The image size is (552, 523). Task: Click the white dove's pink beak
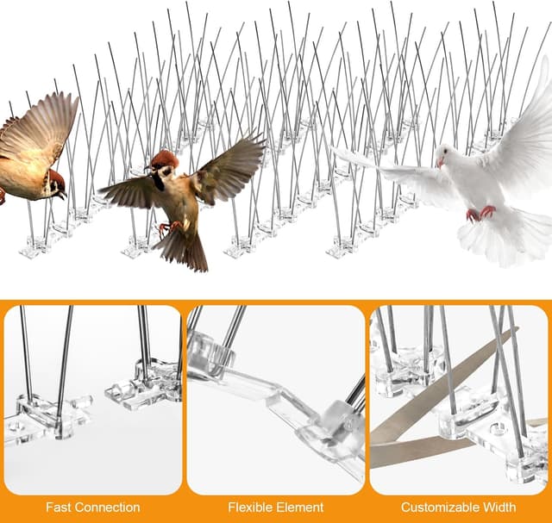[440, 163]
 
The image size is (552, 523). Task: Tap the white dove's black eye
[445, 151]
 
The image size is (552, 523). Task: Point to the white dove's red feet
[480, 214]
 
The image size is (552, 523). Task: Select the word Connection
[107, 507]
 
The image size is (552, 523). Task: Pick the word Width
[499, 507]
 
